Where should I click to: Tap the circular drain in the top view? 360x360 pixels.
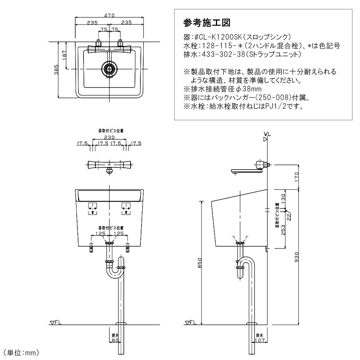click(x=109, y=68)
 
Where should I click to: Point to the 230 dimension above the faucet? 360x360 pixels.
click(x=109, y=137)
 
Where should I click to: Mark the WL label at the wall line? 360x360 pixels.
click(x=267, y=134)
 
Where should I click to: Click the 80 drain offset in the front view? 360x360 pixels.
click(x=115, y=339)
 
